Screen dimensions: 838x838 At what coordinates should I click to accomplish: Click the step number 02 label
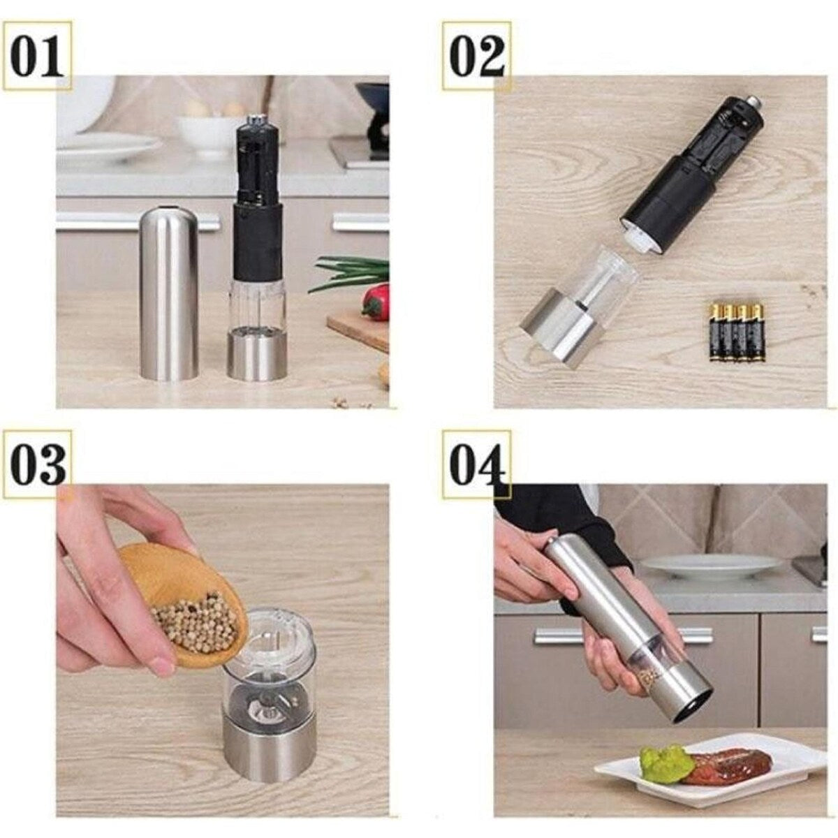[477, 56]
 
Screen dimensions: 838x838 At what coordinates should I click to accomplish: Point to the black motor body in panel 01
[258, 196]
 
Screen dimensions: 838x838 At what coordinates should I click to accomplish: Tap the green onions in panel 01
[350, 273]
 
